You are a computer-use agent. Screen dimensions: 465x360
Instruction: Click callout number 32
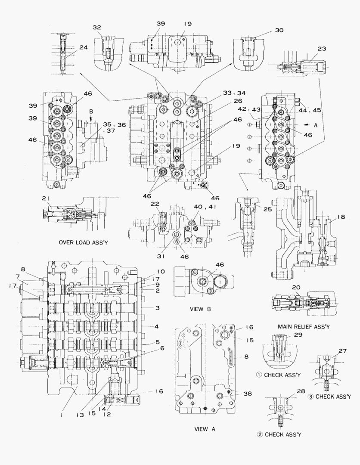point(96,27)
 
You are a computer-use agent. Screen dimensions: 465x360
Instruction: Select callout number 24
point(83,48)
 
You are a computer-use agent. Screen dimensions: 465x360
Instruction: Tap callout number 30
point(279,31)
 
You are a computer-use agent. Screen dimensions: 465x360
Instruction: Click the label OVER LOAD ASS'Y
point(83,243)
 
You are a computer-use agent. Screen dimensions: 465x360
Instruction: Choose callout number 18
point(341,218)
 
